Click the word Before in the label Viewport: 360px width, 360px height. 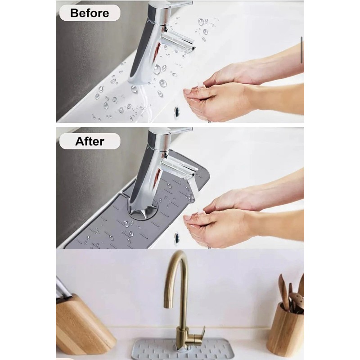click(89, 13)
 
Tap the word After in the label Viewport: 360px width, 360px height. click(90, 141)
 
